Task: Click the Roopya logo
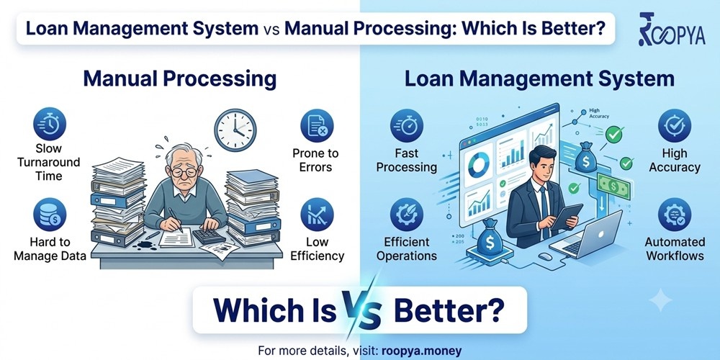[671, 30]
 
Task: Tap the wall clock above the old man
[235, 130]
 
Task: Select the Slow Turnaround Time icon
[50, 124]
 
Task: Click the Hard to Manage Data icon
[50, 215]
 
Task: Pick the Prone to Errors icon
[317, 126]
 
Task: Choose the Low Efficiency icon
[317, 215]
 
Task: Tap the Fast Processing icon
[407, 126]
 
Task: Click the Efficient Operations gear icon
[407, 215]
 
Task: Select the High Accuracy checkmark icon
[675, 126]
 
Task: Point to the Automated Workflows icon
[675, 215]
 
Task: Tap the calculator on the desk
[209, 235]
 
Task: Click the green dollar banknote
[613, 186]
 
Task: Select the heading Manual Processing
[179, 79]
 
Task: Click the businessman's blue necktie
[544, 207]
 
